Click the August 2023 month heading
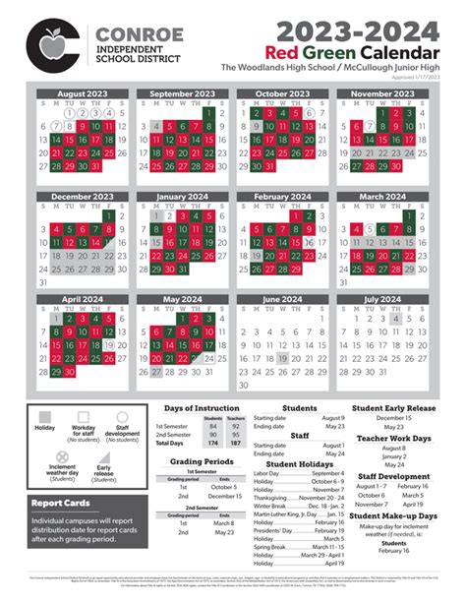pos(83,93)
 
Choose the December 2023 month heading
pos(83,197)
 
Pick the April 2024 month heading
pos(83,300)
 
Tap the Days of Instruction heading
pos(202,408)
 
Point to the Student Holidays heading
pos(299,464)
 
